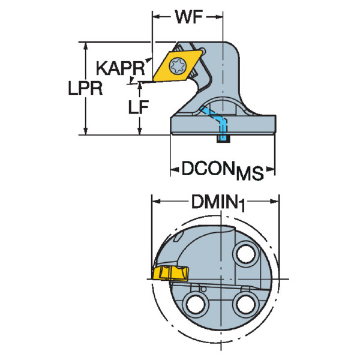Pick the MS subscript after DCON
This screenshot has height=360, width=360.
coord(249,174)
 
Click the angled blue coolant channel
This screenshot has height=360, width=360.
coord(220,121)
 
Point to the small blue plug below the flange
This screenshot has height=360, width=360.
coord(222,140)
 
